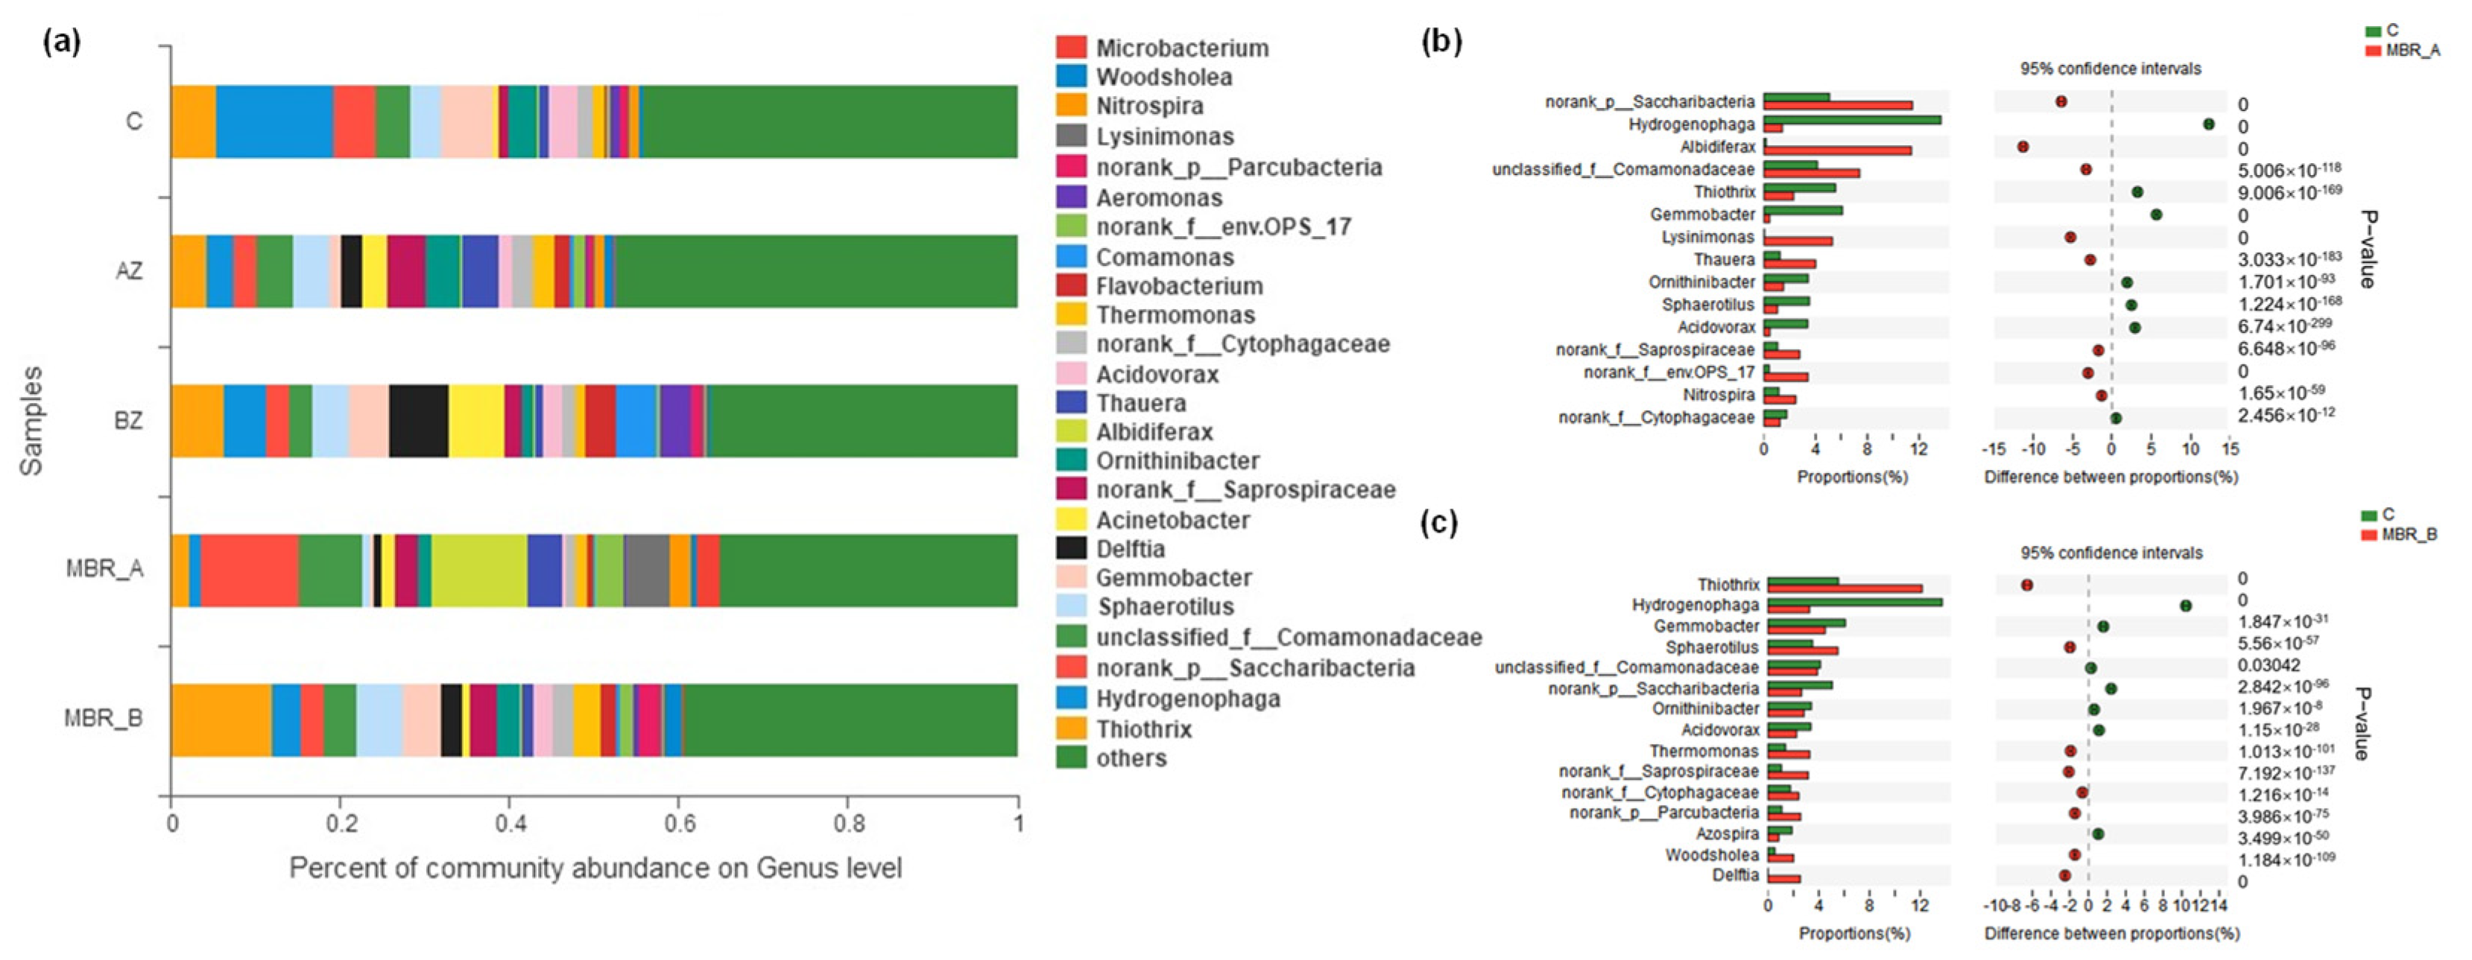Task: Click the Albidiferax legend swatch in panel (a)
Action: tap(1071, 431)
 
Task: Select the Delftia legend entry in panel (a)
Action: tap(1130, 549)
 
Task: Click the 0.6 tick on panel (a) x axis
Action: tap(678, 823)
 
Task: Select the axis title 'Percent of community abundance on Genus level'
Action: tap(595, 868)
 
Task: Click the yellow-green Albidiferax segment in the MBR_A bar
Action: tap(479, 570)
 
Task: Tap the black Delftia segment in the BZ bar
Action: tap(418, 420)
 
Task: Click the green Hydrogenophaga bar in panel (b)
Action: tap(1851, 120)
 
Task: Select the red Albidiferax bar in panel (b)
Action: tap(1837, 150)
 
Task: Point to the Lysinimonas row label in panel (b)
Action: tap(1707, 237)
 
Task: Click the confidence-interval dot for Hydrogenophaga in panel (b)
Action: tap(2208, 124)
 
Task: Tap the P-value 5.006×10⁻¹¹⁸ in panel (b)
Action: tap(2289, 171)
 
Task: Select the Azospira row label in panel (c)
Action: tap(1726, 833)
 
